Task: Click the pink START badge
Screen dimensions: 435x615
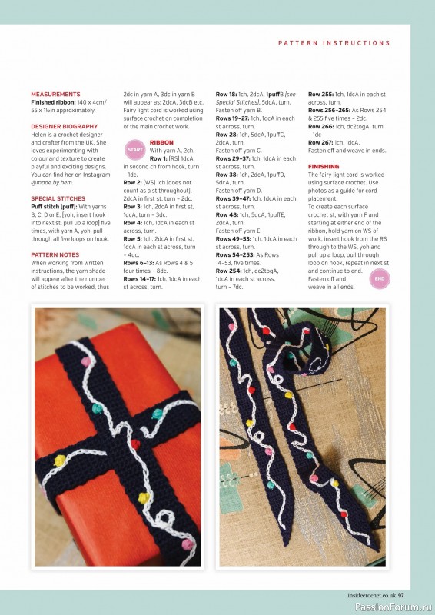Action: click(x=135, y=149)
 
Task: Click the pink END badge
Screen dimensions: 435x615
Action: click(x=380, y=278)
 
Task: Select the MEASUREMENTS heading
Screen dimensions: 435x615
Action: click(x=55, y=94)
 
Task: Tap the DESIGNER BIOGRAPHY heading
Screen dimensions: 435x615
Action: click(x=64, y=126)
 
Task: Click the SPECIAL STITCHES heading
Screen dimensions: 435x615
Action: click(x=58, y=198)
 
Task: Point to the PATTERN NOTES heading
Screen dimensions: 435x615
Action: click(x=55, y=254)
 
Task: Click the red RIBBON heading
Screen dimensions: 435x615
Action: click(x=161, y=143)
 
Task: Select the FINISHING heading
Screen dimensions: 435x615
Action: click(x=324, y=166)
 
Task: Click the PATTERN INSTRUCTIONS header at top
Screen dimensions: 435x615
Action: click(x=334, y=43)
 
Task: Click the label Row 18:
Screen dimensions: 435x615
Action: click(x=226, y=94)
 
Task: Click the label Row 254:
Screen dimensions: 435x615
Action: click(x=229, y=271)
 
